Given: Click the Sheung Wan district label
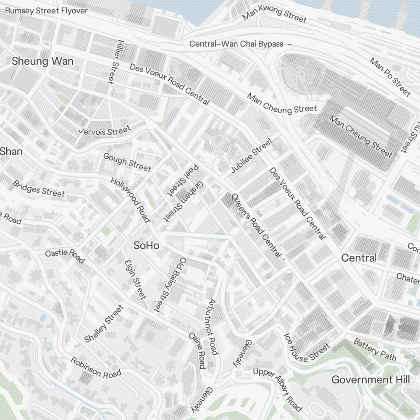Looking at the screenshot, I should point(42,61).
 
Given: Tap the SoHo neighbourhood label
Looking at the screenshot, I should point(146,246).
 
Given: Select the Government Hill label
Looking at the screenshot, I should point(370,380).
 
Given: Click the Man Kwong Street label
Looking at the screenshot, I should point(275,14).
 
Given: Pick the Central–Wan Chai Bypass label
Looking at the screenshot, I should point(236,44).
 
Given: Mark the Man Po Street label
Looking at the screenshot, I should point(390,77).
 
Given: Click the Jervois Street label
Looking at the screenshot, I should point(105,131).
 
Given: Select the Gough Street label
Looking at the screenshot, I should point(127,163).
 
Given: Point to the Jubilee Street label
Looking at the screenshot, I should point(252,156).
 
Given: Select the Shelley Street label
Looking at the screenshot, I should point(104,323).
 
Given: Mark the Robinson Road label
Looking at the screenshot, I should point(96,367).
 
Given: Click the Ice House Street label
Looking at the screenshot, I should point(307,348).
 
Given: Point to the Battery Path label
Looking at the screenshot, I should point(375,349).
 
